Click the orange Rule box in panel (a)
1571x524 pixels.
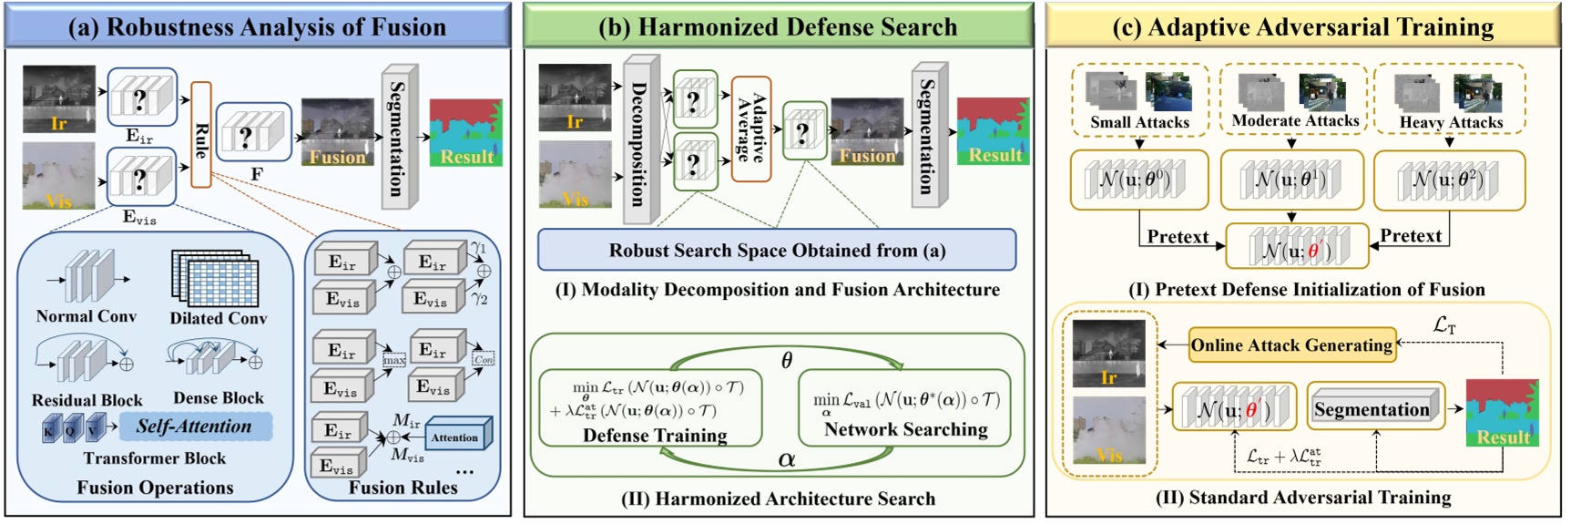[201, 135]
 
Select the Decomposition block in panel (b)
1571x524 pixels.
[640, 139]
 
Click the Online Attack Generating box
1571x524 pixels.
[1291, 345]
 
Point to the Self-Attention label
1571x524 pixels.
[193, 426]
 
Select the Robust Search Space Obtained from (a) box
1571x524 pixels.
[776, 251]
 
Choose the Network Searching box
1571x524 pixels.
[904, 406]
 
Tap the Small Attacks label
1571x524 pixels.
[1139, 122]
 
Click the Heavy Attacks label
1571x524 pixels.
[1450, 122]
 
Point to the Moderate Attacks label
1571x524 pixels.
[1294, 120]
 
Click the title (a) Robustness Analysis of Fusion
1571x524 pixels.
[258, 26]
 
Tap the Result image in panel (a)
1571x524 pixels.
[465, 132]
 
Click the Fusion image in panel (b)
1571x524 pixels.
[867, 131]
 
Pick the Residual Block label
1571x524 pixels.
[87, 400]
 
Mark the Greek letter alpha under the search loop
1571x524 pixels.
[787, 460]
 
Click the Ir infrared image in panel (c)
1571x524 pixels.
[1108, 354]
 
